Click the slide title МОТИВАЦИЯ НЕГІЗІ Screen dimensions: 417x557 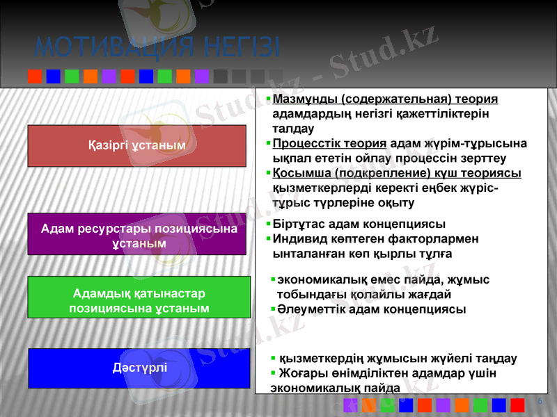157,47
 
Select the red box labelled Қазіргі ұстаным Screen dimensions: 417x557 137,145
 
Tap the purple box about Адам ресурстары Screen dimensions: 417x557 138,236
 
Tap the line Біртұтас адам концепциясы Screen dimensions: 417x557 359,224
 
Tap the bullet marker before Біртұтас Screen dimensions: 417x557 269,224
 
